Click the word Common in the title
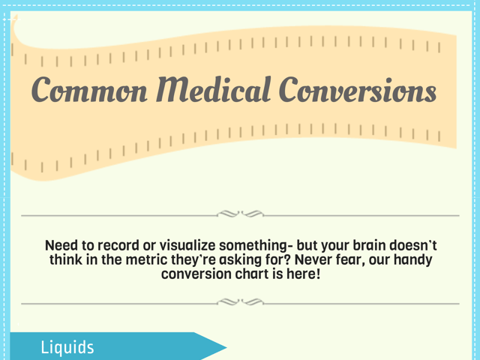click(x=88, y=91)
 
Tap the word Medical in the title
click(x=211, y=91)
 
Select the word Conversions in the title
click(x=358, y=91)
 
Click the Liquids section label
click(x=67, y=348)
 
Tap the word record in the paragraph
click(x=127, y=246)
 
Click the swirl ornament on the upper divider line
click(x=240, y=215)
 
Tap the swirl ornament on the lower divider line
click(x=240, y=303)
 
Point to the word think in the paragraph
click(x=66, y=260)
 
